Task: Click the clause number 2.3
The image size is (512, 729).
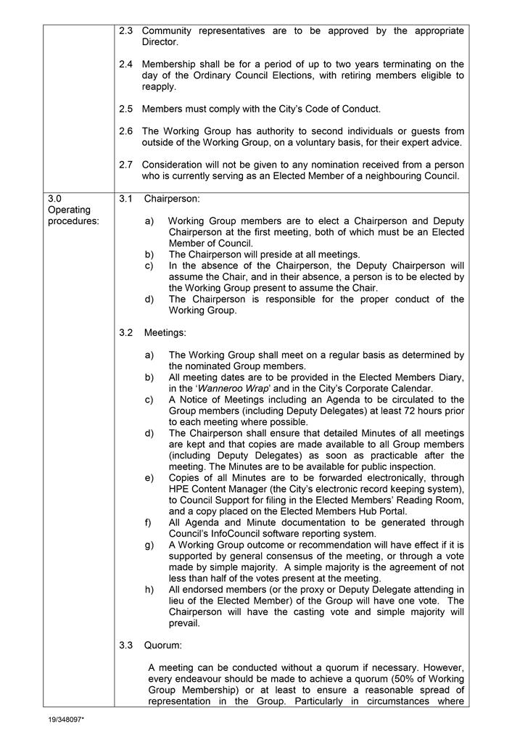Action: point(125,31)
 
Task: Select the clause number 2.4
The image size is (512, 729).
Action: point(125,65)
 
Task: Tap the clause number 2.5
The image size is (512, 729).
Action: point(125,109)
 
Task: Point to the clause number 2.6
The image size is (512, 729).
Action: point(125,131)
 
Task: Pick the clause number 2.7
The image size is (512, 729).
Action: point(125,165)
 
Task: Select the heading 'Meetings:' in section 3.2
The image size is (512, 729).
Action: point(165,333)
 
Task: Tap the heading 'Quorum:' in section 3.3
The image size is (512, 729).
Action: point(163,644)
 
